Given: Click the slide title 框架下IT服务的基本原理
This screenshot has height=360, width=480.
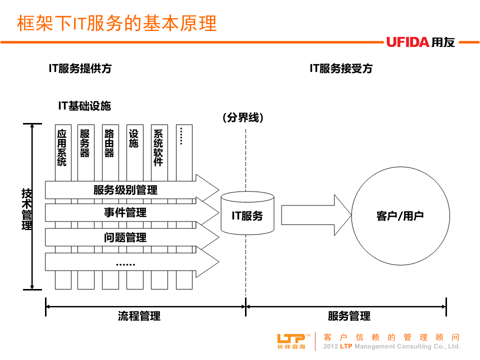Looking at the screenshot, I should tap(117, 23).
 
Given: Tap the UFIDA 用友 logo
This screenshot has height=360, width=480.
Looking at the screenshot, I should tap(420, 42).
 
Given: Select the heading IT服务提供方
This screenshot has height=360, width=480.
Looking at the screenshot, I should tap(80, 68).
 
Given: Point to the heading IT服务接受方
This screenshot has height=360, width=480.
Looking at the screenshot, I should tap(341, 68).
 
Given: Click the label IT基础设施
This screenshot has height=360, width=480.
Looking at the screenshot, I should tap(84, 105).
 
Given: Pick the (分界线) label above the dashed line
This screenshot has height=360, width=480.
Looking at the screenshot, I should tap(243, 117).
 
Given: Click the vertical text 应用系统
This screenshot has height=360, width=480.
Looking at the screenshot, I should tap(62, 147).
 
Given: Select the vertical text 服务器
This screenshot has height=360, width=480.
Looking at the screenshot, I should tap(85, 143).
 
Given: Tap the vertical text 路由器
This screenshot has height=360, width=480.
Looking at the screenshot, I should tap(109, 143).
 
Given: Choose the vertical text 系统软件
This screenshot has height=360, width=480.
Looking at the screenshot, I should tap(158, 147).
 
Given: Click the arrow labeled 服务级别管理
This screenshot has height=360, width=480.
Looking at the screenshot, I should tap(125, 190).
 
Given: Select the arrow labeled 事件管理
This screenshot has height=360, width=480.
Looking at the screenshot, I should tap(125, 213).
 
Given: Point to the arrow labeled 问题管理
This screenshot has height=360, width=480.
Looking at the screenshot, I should tap(125, 237).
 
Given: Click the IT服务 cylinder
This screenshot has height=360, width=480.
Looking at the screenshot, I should tap(247, 215).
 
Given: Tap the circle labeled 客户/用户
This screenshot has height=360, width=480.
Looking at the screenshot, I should tap(399, 216).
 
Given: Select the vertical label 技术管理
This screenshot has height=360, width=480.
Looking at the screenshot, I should tap(26, 209).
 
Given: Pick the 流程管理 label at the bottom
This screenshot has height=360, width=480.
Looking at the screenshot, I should tap(139, 316).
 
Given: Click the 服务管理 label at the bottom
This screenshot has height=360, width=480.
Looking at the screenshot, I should tap(349, 316).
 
